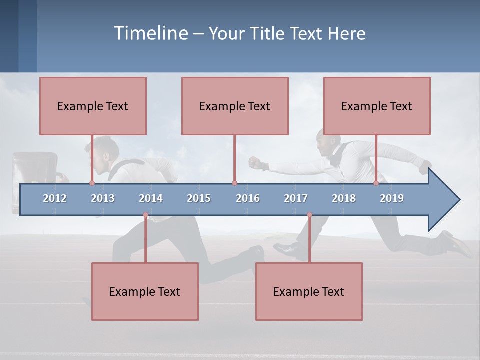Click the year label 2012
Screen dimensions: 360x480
[55, 198]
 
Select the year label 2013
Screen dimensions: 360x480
[103, 198]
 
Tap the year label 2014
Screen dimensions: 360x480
[151, 198]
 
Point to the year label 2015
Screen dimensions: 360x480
[199, 198]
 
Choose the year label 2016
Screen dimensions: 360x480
[248, 198]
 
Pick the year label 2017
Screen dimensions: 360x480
[296, 198]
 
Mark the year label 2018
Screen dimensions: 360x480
[344, 198]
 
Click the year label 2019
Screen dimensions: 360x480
[392, 198]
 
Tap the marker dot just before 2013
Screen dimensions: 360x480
[92, 183]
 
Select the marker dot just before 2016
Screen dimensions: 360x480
[234, 183]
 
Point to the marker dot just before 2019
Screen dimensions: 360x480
[376, 183]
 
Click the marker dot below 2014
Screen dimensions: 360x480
[145, 215]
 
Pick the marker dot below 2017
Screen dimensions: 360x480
[309, 215]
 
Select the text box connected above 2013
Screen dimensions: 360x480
[93, 106]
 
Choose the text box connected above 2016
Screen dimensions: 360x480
[235, 106]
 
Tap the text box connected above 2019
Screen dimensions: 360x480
[377, 106]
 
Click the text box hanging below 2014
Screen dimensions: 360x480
[145, 291]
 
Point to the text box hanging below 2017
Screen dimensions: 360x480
[309, 291]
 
